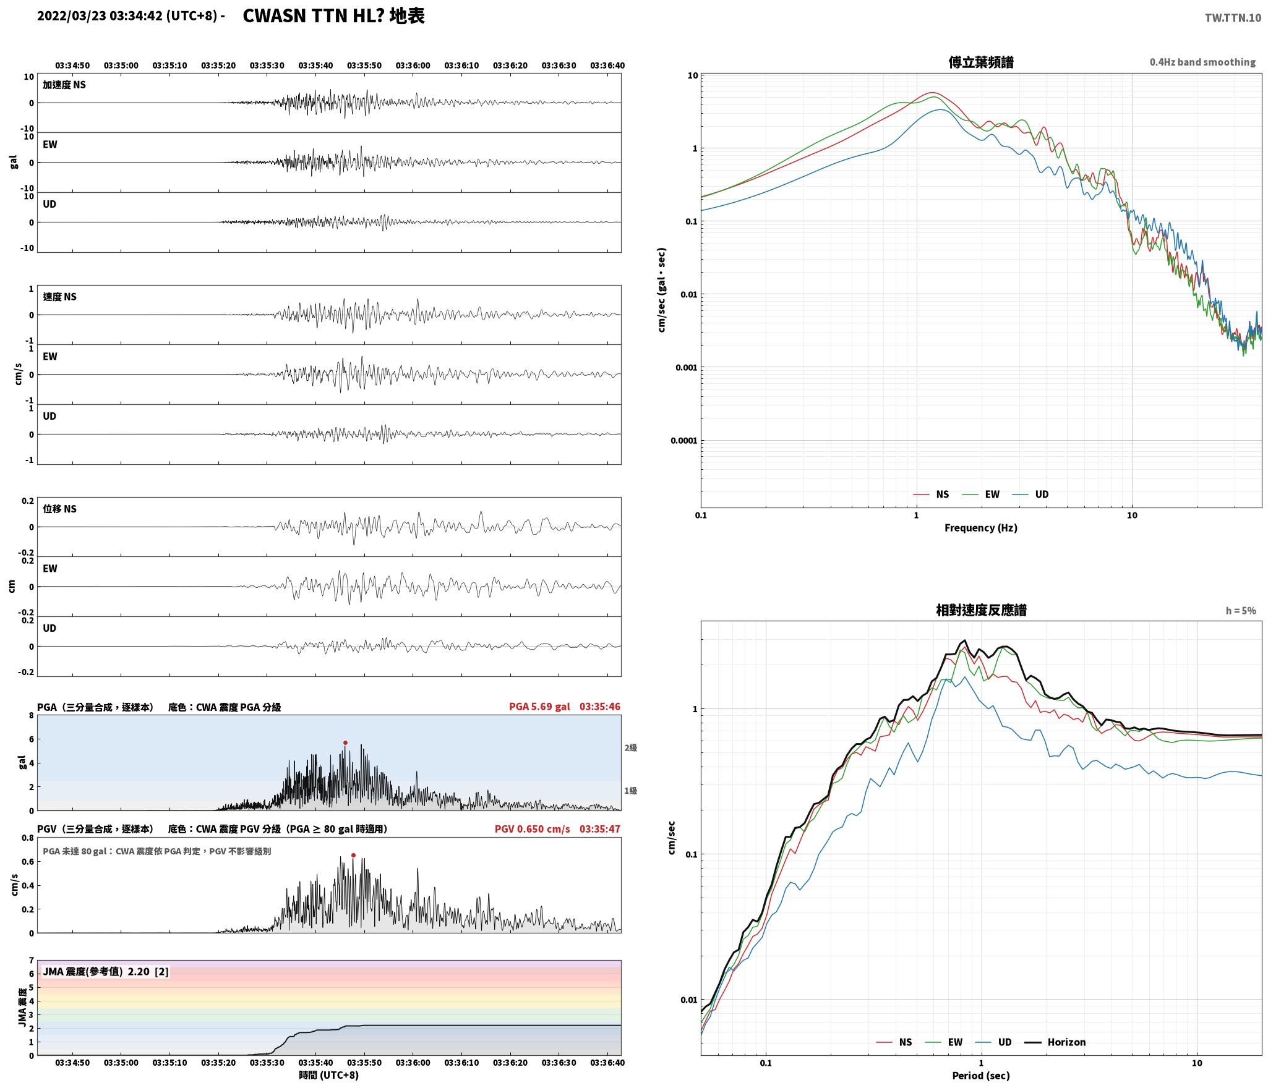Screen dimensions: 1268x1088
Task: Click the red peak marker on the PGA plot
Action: [345, 742]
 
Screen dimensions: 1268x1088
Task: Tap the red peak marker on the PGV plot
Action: [353, 855]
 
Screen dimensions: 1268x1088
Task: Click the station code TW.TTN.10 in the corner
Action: [1233, 18]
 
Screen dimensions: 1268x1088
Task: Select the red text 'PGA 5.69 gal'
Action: [539, 706]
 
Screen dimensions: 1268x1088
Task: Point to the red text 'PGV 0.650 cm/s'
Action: [532, 828]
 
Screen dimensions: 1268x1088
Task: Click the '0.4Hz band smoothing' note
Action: [1202, 62]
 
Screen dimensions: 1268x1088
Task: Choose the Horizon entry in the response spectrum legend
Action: [1055, 1042]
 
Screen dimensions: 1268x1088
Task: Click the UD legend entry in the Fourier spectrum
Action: [1030, 494]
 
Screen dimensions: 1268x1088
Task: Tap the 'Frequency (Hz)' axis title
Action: [980, 527]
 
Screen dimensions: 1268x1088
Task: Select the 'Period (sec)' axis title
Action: [980, 1075]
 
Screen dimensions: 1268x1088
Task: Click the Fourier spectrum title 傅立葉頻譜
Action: [980, 62]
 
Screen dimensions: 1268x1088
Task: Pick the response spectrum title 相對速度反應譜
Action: [981, 610]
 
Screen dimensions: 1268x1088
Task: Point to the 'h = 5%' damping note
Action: [1241, 611]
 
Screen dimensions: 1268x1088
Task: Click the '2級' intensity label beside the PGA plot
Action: [630, 747]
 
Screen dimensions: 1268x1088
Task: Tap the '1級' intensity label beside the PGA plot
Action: [630, 791]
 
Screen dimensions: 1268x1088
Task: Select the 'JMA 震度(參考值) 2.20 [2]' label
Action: [106, 971]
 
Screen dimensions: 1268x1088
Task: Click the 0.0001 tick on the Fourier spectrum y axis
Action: [683, 441]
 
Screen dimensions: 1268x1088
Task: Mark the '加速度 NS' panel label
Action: [64, 85]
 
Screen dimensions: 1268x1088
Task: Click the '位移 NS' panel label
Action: [60, 509]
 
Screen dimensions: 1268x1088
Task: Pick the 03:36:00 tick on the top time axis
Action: [413, 66]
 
